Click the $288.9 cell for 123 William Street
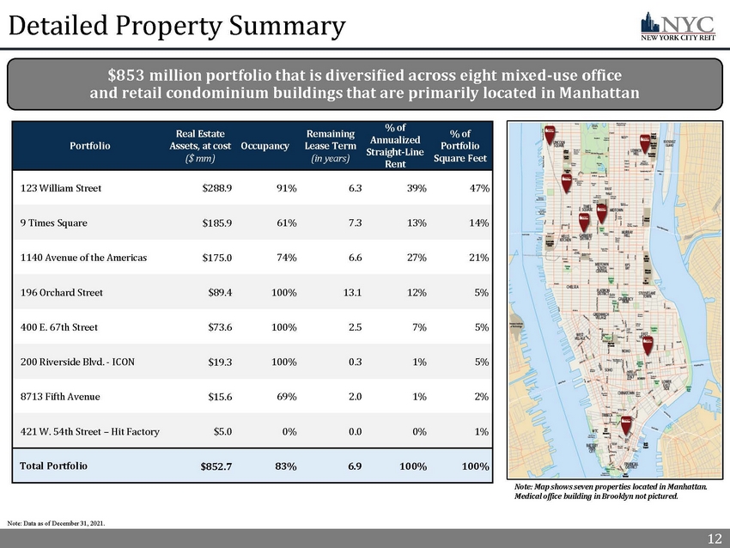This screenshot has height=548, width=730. (x=216, y=188)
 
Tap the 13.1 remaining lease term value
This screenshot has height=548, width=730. (x=350, y=293)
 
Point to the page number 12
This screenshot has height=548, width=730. (x=714, y=539)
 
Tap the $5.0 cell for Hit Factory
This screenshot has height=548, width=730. (x=222, y=431)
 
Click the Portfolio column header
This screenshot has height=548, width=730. (x=90, y=146)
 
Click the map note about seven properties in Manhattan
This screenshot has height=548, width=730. (x=607, y=491)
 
